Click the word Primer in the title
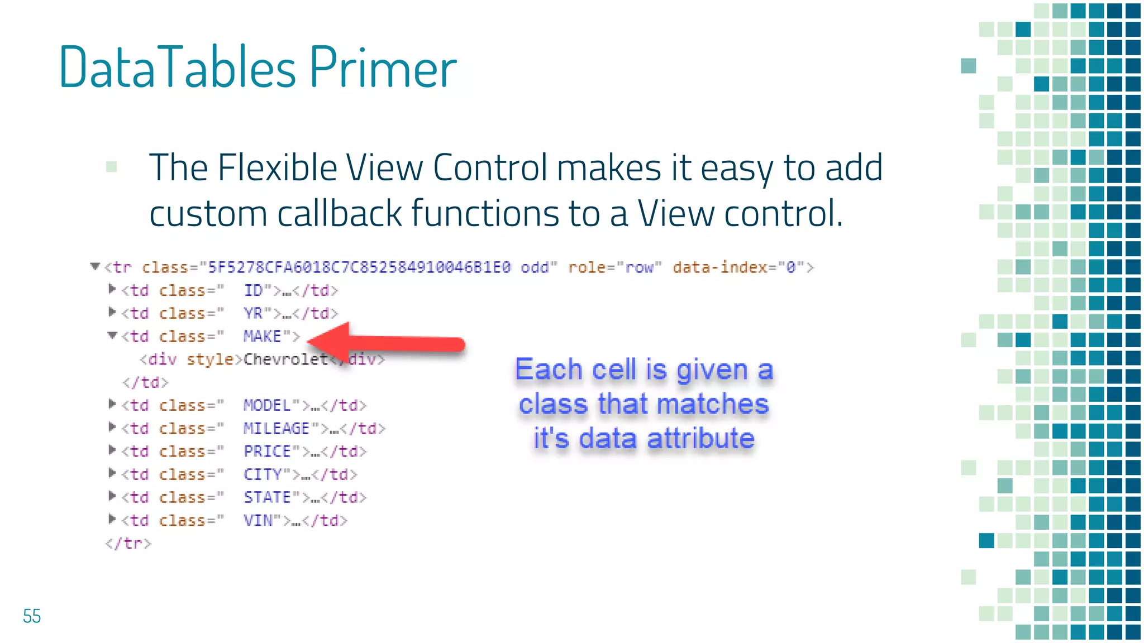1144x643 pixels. [x=383, y=68]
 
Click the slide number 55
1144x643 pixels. [x=32, y=616]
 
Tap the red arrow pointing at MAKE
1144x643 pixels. [x=391, y=343]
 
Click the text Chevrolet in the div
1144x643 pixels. [x=285, y=359]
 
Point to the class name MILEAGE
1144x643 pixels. [x=276, y=428]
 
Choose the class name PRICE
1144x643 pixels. [x=267, y=451]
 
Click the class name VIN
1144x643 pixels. [x=258, y=520]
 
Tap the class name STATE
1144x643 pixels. [x=267, y=497]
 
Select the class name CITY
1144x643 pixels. [x=263, y=474]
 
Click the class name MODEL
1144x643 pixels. [x=267, y=405]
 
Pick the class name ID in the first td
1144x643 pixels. [x=253, y=290]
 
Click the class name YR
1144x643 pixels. [x=253, y=313]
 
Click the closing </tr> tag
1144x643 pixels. [x=128, y=543]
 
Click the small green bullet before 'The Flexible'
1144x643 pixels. [x=112, y=166]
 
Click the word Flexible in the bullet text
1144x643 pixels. [x=277, y=167]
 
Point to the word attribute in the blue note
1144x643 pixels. [x=701, y=438]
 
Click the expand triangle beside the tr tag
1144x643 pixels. [x=95, y=267]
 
